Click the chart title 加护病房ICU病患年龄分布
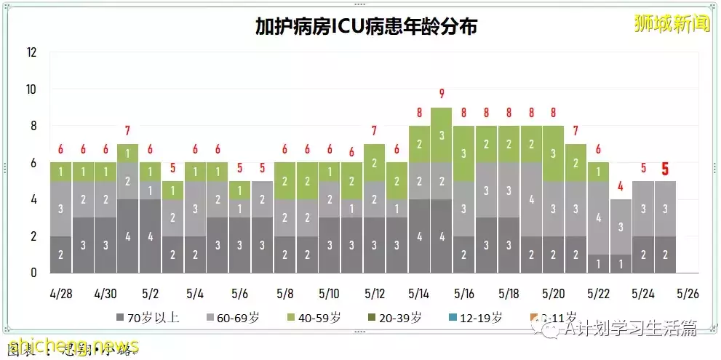(x=366, y=27)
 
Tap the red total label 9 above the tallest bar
(x=442, y=93)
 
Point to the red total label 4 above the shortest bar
(x=621, y=185)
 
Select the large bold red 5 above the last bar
(x=665, y=169)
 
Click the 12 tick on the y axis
(x=31, y=52)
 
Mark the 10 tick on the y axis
(x=31, y=89)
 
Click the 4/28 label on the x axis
(x=61, y=295)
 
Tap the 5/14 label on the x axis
(x=419, y=295)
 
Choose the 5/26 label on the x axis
(x=688, y=295)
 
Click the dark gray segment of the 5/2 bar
(x=151, y=236)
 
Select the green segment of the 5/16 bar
(x=464, y=153)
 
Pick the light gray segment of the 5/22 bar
(x=599, y=217)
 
